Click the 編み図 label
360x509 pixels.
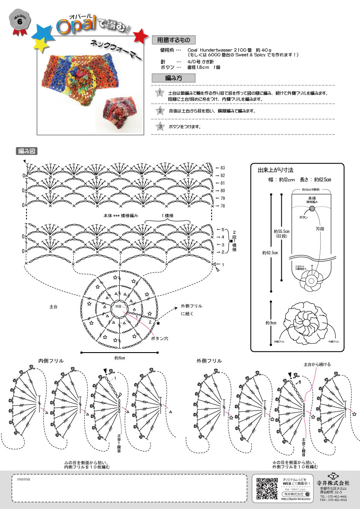(x=27, y=151)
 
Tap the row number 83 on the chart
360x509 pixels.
(x=222, y=168)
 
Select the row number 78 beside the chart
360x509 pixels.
(x=222, y=206)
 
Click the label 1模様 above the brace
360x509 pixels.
(x=168, y=215)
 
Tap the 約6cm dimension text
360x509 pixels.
(x=120, y=357)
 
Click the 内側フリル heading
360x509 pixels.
(x=51, y=361)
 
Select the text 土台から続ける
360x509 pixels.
(x=317, y=364)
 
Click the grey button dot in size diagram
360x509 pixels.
(x=312, y=208)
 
